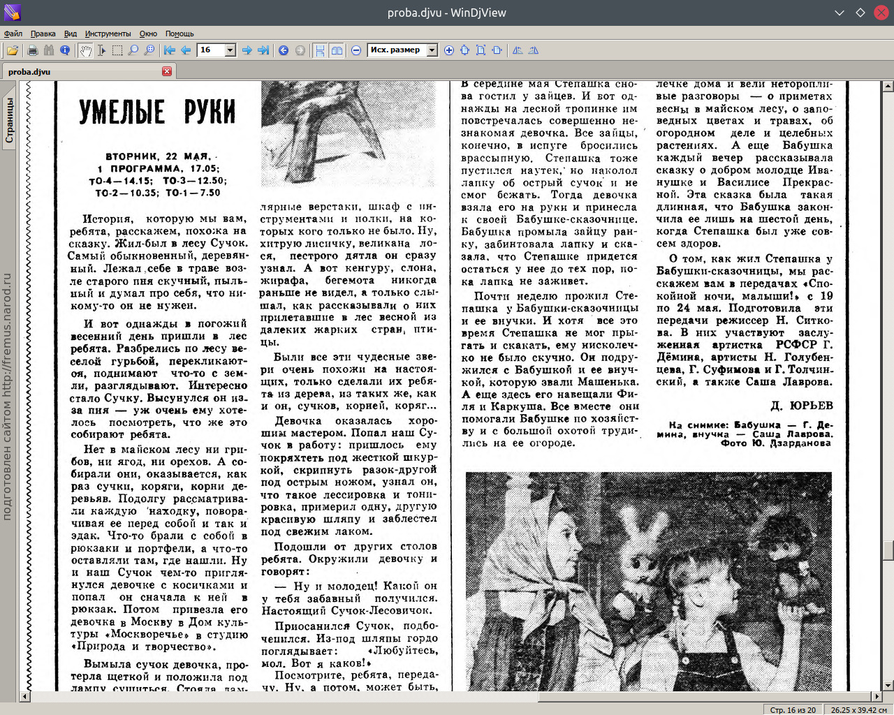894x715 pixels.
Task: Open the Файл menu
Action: point(13,34)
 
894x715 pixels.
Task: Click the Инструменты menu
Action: point(108,34)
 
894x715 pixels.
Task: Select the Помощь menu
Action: point(179,34)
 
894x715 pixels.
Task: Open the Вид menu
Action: point(71,34)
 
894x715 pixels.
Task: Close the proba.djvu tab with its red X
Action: point(167,71)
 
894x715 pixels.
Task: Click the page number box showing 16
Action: point(211,50)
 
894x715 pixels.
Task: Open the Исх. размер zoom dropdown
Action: point(432,50)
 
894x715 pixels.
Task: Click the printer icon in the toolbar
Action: point(32,50)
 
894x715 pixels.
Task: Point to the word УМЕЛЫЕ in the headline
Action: point(122,112)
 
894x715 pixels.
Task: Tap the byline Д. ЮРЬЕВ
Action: point(801,406)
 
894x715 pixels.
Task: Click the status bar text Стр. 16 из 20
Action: point(793,709)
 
